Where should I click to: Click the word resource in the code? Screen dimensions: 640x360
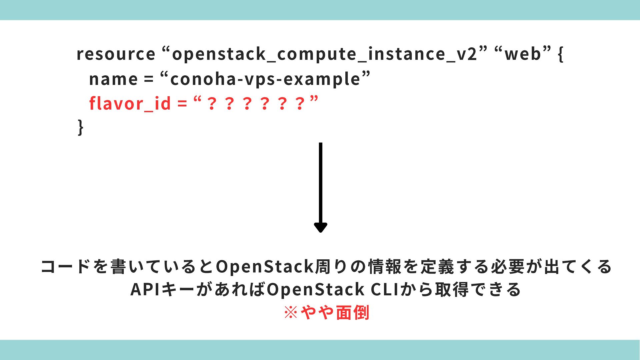pos(116,54)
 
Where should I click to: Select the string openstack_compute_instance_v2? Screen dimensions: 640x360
pos(325,54)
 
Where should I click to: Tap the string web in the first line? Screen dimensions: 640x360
pos(523,54)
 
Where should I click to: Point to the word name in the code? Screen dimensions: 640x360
pos(113,79)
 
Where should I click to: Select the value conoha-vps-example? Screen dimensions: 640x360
pos(265,79)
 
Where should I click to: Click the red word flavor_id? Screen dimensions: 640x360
pos(130,103)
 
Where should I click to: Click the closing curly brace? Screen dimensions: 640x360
pos(80,127)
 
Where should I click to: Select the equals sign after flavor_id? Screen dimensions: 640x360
pos(182,104)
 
